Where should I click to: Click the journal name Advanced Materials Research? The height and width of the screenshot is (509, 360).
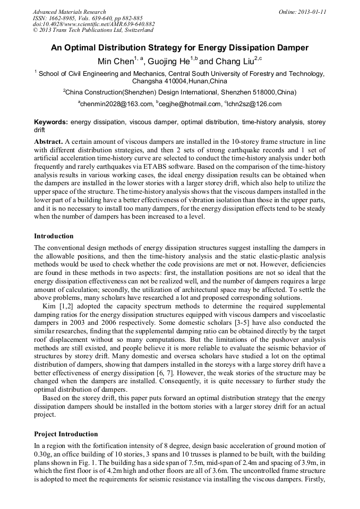pos(69,12)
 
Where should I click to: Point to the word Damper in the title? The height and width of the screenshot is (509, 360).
pos(291,48)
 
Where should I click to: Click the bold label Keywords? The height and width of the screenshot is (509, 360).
pos(51,122)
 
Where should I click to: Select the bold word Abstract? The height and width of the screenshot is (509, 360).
pos(48,142)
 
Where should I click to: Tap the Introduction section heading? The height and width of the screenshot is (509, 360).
pos(54,236)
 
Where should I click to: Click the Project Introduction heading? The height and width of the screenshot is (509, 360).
pos(66,434)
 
